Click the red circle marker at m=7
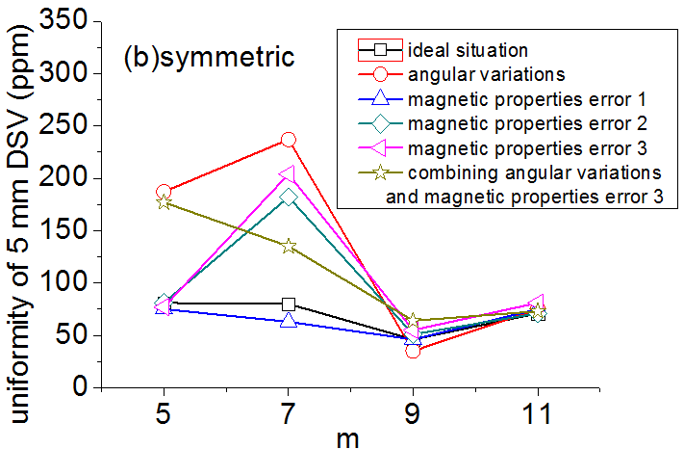coord(288,140)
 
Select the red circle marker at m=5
coord(164,192)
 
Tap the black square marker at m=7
coord(288,304)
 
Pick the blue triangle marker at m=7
coord(288,320)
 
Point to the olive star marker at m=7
coord(288,247)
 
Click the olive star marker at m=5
coord(164,202)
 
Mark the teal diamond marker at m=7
coord(288,197)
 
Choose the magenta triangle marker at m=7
coord(287,174)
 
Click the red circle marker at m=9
coord(413,351)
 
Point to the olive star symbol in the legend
coord(379,173)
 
